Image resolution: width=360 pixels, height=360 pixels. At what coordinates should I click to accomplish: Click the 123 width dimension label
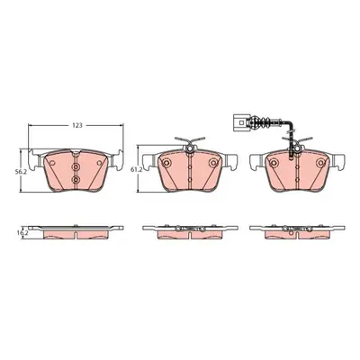[x=77, y=126]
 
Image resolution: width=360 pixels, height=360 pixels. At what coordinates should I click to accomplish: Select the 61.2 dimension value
[x=135, y=170]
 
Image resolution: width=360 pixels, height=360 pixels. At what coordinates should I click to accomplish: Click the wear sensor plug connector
[x=239, y=122]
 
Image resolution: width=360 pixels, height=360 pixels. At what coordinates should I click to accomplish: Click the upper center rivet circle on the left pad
[x=76, y=166]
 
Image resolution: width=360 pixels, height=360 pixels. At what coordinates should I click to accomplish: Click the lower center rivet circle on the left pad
[x=76, y=179]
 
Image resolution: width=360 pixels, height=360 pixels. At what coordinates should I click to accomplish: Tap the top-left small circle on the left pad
[x=52, y=163]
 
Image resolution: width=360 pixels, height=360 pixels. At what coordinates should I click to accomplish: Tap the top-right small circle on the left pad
[x=99, y=163]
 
